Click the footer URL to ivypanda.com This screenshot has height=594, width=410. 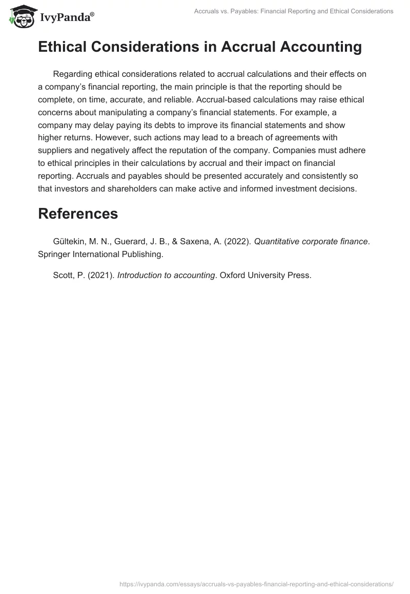click(x=256, y=583)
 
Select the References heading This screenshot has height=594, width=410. click(x=78, y=214)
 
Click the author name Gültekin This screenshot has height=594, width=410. click(x=71, y=242)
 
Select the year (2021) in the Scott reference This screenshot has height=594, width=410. click(x=100, y=275)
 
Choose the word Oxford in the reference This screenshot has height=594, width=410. click(x=234, y=275)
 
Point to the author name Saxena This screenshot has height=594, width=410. click(x=200, y=242)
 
